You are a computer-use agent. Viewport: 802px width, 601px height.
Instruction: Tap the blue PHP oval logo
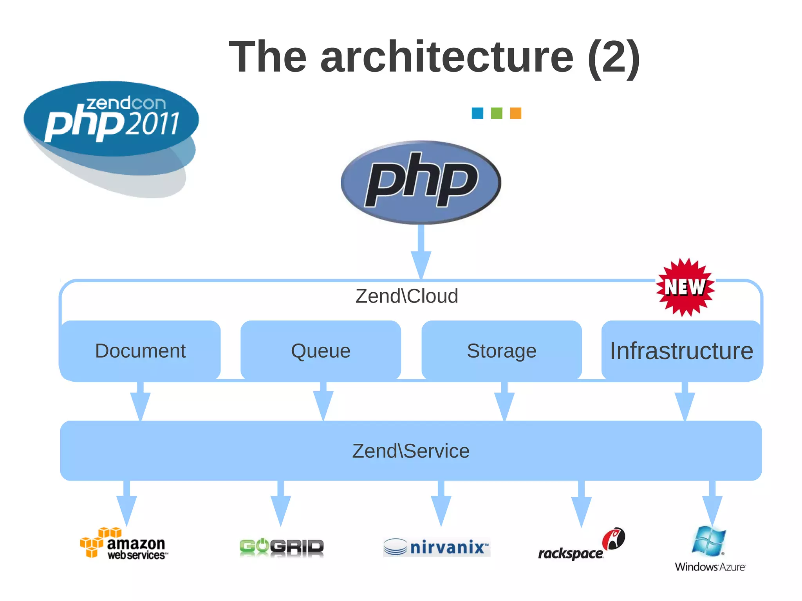coord(421,182)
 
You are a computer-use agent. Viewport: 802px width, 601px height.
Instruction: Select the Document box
coord(140,351)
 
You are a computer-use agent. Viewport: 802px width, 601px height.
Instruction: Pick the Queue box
coord(321,351)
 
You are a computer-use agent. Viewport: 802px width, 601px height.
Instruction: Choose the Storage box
coord(502,351)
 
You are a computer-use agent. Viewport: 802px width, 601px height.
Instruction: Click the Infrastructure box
coord(682,351)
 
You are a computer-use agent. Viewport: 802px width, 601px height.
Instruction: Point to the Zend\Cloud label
coord(406,296)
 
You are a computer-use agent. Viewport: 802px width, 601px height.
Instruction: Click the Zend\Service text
coord(411,451)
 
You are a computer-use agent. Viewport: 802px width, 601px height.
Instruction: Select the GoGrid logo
coord(282,547)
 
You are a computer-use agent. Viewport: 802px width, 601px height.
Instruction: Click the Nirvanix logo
coord(437,547)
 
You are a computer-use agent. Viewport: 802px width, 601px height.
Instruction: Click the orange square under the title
coord(515,113)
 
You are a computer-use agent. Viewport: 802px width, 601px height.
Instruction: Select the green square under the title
coord(497,113)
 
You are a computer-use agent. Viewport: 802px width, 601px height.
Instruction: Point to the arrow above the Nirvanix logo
coord(441,505)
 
